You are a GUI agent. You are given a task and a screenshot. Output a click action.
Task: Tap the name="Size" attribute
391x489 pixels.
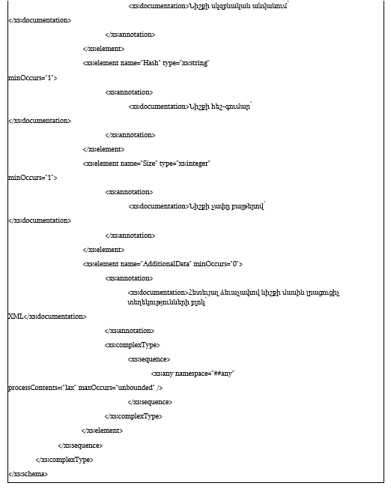139,163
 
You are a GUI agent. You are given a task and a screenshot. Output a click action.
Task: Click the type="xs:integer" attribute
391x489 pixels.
185,163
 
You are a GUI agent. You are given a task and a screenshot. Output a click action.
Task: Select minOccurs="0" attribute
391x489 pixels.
216,264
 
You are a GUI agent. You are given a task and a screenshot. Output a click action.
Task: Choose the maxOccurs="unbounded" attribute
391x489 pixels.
116,388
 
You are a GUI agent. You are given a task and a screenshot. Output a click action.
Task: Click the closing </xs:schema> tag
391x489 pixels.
28,474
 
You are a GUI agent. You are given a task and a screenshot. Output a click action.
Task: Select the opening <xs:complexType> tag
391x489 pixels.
132,345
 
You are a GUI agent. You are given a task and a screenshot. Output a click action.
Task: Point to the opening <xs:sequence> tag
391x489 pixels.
149,359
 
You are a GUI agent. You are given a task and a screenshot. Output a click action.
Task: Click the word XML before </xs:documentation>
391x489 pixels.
16,316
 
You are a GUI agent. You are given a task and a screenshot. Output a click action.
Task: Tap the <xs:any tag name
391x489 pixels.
162,373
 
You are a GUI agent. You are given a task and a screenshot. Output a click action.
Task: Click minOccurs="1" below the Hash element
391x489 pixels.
32,78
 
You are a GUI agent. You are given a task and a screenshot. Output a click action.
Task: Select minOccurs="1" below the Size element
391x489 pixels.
32,178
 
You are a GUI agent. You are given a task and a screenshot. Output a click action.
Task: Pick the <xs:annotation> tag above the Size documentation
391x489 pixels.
129,192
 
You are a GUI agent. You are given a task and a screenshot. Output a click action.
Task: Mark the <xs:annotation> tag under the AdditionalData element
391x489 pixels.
129,278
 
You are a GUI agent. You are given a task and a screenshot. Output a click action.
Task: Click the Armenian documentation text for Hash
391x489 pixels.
220,106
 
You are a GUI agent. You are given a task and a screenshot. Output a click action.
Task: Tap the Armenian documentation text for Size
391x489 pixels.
227,206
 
